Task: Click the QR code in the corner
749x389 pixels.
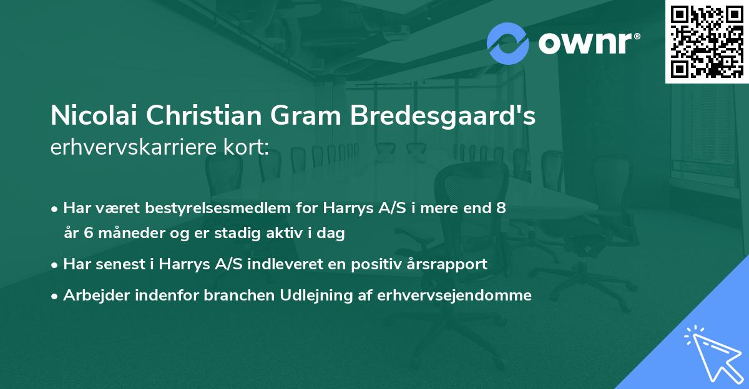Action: click(x=707, y=42)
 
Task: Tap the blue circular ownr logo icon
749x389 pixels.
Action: click(x=507, y=44)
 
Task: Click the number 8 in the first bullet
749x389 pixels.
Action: click(x=501, y=208)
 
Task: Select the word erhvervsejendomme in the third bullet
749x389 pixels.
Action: click(x=454, y=295)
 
